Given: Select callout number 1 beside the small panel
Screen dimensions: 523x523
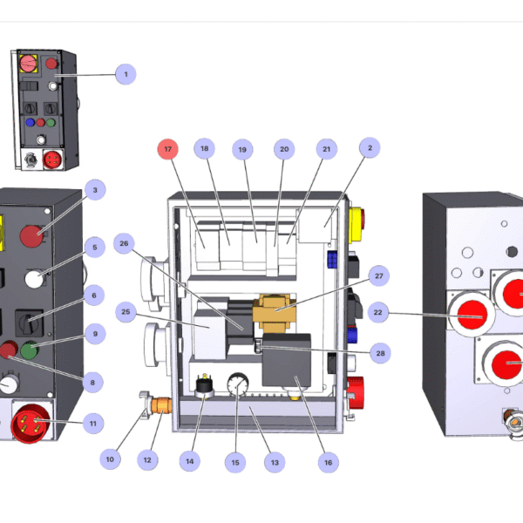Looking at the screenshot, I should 126,74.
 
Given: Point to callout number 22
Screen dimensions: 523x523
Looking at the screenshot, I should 377,312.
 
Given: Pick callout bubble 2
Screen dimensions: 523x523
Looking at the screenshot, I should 369,149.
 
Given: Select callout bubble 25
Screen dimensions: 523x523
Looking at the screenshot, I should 126,312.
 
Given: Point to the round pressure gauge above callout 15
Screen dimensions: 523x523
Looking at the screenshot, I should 235,384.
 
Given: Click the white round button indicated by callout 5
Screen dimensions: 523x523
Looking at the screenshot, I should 34,279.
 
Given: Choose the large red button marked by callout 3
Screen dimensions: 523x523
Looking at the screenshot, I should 33,235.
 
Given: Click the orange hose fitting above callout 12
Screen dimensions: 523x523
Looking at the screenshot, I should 160,406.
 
